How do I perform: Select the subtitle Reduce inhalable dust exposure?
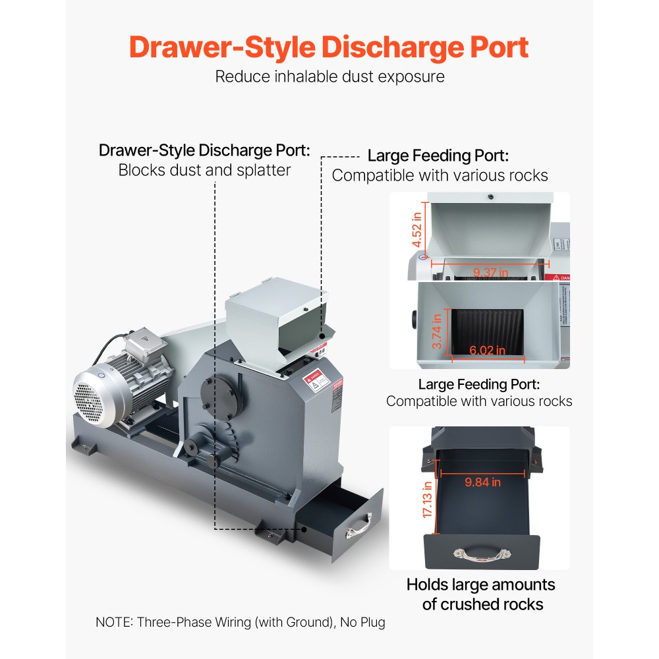point(329,76)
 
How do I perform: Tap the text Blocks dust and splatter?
point(204,170)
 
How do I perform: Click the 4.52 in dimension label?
point(416,230)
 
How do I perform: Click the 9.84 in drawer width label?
point(482,482)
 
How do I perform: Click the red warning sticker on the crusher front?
point(316,380)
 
